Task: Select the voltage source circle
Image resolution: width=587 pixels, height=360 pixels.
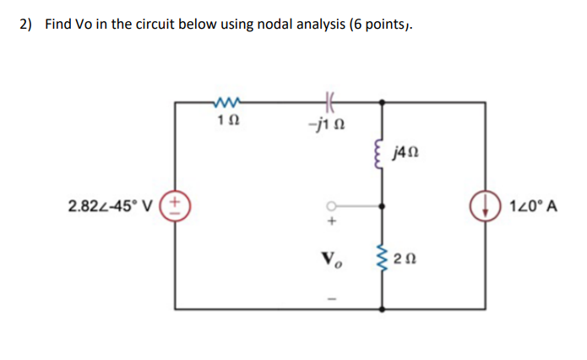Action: pyautogui.click(x=176, y=205)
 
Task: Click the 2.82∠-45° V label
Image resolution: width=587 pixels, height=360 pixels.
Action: pyautogui.click(x=114, y=205)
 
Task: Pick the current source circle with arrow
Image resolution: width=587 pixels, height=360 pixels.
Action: pyautogui.click(x=486, y=205)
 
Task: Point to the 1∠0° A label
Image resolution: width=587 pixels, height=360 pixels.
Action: pyautogui.click(x=530, y=205)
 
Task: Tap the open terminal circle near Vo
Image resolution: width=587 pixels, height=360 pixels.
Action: pyautogui.click(x=332, y=205)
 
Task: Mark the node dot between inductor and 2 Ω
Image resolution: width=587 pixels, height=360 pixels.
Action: pyautogui.click(x=384, y=205)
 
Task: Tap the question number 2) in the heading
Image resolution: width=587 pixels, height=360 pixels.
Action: pyautogui.click(x=26, y=24)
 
